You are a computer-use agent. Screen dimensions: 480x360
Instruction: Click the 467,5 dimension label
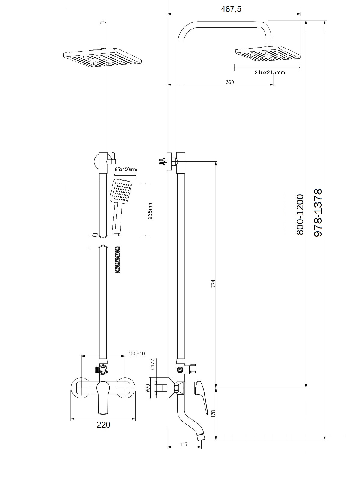(x=231, y=9)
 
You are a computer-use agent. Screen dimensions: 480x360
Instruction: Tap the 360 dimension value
(x=230, y=82)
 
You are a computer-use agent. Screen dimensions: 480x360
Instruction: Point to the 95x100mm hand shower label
(x=126, y=169)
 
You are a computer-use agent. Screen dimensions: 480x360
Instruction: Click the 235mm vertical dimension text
(x=150, y=210)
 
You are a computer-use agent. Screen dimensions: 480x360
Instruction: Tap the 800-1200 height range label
(x=300, y=214)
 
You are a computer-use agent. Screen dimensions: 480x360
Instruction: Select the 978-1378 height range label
(x=318, y=213)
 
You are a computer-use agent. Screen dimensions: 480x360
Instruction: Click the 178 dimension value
(x=213, y=414)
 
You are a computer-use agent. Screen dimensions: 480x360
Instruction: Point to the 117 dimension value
(x=184, y=444)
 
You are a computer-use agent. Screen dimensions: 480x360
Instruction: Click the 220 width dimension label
(x=103, y=424)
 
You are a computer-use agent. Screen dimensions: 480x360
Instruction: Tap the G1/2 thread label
(x=152, y=364)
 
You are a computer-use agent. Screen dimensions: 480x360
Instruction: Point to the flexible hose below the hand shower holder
(x=118, y=259)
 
